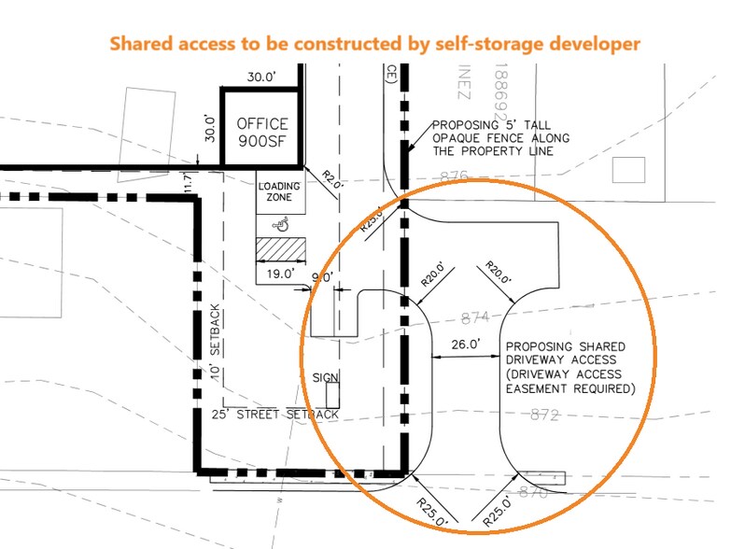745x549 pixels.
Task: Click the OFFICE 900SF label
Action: click(261, 133)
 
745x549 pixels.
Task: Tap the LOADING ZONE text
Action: click(279, 191)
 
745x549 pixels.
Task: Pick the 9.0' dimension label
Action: click(323, 276)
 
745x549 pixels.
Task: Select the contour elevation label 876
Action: click(453, 175)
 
